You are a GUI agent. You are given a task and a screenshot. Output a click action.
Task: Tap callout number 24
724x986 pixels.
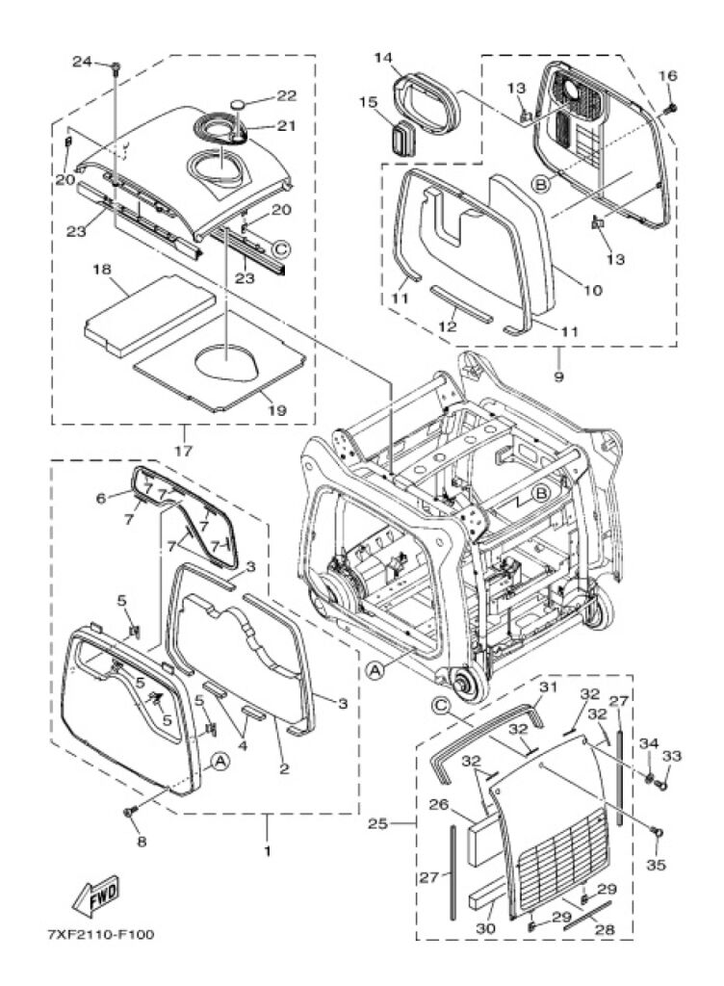click(x=84, y=64)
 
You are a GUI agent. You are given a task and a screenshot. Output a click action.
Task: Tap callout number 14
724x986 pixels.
click(x=384, y=59)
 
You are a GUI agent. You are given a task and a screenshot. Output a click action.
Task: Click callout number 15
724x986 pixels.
click(x=368, y=101)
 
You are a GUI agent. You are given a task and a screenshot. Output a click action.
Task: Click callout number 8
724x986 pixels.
click(x=142, y=842)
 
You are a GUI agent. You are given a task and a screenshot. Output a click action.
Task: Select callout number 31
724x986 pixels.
click(x=548, y=687)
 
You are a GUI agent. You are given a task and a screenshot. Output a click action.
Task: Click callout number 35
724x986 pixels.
click(x=655, y=865)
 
